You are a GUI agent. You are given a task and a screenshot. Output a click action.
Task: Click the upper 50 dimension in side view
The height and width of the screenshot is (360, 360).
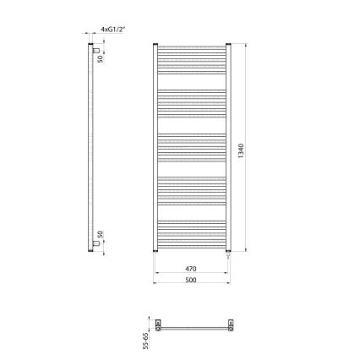(x=99, y=58)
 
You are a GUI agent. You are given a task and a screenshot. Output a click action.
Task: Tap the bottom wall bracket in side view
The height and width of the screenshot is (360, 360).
(x=96, y=244)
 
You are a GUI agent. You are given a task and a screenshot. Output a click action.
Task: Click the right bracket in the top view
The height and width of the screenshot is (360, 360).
(x=229, y=323)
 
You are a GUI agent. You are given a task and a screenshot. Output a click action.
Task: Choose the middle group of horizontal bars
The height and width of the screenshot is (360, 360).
(x=192, y=143)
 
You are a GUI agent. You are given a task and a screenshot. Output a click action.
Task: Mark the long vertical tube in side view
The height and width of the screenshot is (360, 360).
(x=90, y=148)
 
